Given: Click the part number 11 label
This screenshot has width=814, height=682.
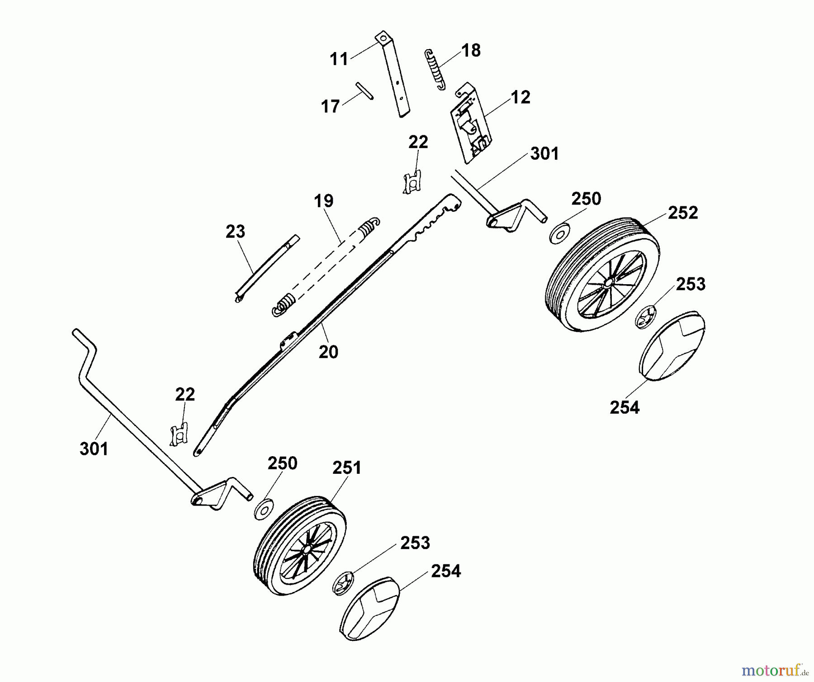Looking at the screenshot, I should tap(339, 59).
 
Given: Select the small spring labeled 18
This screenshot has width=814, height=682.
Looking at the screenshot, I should tap(435, 70).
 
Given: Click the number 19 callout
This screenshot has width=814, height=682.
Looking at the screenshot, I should tap(324, 201).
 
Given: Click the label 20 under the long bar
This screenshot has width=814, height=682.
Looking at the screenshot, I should tap(328, 352).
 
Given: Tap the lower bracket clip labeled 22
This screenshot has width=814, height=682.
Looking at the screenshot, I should tap(179, 435).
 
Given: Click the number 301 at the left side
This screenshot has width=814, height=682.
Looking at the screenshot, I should tap(94, 449).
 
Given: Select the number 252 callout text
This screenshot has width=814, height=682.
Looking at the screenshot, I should tap(683, 213).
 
